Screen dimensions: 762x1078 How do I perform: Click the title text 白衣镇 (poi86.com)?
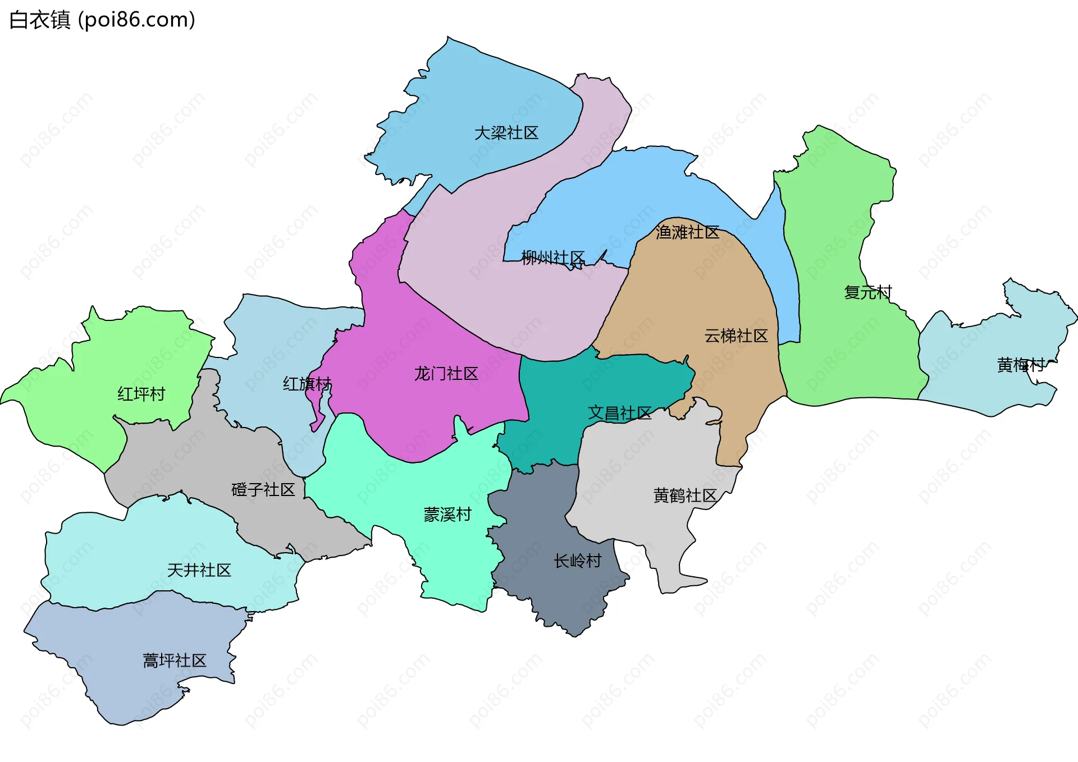(x=102, y=20)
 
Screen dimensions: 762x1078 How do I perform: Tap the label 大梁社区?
(x=506, y=133)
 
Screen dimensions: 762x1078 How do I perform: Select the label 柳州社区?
(x=552, y=258)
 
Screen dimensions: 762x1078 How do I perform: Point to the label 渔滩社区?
(x=687, y=232)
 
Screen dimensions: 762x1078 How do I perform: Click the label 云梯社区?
(x=736, y=336)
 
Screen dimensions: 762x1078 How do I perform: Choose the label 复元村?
(x=867, y=292)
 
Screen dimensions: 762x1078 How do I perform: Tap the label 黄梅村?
(x=1020, y=365)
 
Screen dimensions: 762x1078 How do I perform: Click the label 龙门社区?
(x=446, y=374)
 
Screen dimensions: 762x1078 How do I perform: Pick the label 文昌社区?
(x=619, y=414)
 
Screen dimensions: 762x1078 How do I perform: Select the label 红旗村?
(x=307, y=384)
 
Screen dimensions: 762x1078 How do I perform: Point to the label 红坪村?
(x=141, y=394)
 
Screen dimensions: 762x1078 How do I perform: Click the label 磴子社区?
(x=263, y=490)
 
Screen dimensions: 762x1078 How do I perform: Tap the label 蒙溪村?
(x=447, y=515)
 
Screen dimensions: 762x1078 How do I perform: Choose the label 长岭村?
(x=577, y=561)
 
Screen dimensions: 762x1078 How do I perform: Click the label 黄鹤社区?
(x=685, y=496)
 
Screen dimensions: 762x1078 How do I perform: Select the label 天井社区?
(x=199, y=571)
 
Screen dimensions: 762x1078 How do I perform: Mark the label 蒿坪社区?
(x=174, y=661)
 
